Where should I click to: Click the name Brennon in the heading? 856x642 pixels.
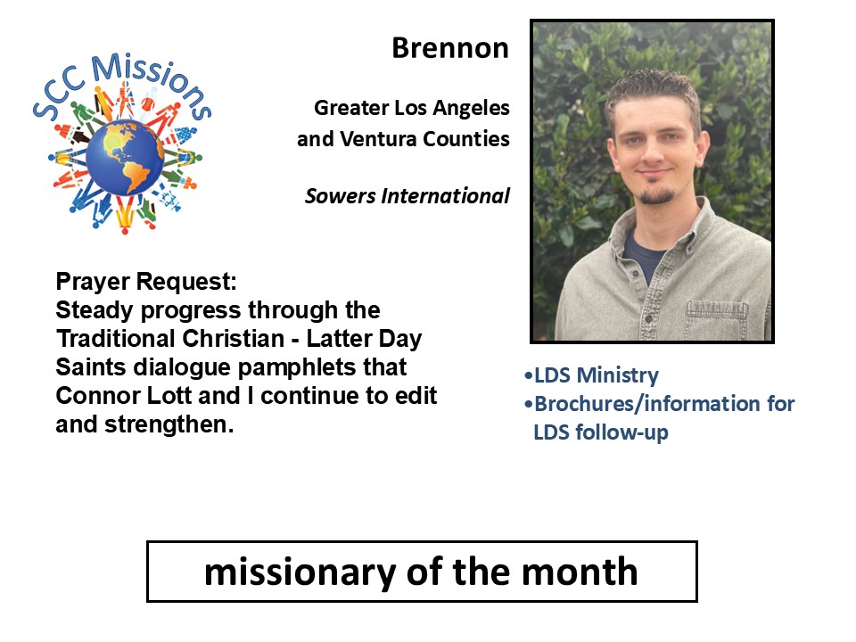tap(450, 48)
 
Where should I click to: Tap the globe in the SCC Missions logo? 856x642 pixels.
tap(125, 158)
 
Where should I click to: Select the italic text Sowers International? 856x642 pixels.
tap(407, 195)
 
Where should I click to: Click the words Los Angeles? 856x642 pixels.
tap(452, 108)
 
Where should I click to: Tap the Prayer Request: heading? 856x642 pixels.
tap(146, 282)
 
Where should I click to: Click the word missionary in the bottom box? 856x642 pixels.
tap(300, 572)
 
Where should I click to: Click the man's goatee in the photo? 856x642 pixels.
tap(656, 195)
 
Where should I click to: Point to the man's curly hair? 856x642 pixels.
tap(653, 87)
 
